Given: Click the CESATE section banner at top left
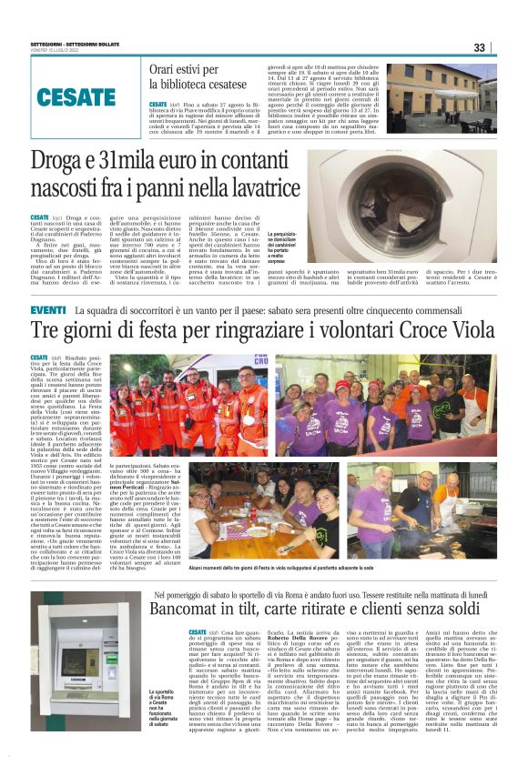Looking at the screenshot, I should coord(76,96).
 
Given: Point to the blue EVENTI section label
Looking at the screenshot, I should coord(47,311).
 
